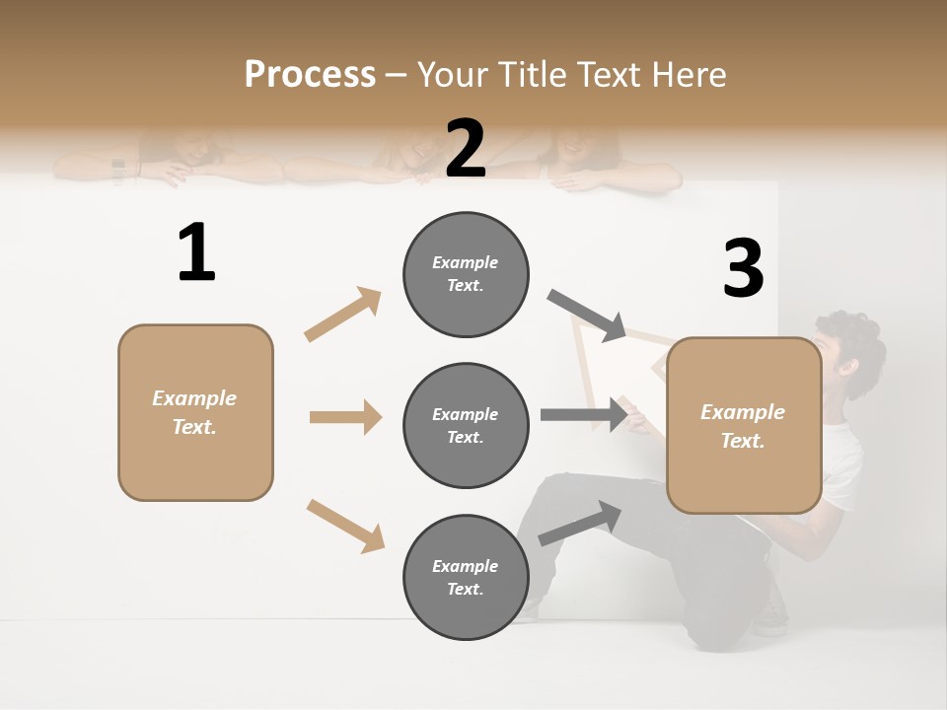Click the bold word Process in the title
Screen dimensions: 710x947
click(310, 74)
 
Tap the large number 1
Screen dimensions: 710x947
click(196, 252)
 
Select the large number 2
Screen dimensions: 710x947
click(466, 149)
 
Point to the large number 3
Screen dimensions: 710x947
click(743, 268)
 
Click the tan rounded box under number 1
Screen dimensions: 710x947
click(195, 412)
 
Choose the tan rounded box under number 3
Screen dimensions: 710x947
click(744, 425)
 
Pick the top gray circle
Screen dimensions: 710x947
click(466, 274)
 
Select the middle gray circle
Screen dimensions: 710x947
click(466, 425)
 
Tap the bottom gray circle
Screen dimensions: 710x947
click(466, 577)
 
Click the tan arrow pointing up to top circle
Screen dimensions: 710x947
click(343, 315)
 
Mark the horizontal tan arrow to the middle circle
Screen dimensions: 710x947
click(345, 417)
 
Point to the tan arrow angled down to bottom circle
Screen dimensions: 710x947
click(345, 525)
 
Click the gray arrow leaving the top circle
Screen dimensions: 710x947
click(587, 316)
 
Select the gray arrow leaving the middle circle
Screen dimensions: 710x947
click(584, 414)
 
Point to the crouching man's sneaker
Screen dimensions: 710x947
click(769, 621)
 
